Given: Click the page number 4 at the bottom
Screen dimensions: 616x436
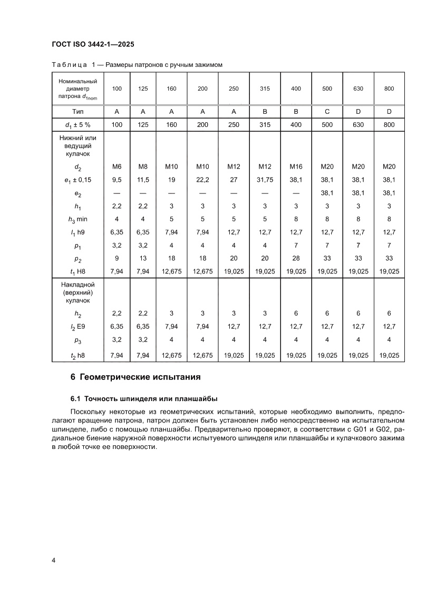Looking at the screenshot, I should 54,560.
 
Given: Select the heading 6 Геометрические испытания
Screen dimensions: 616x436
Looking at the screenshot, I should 135,377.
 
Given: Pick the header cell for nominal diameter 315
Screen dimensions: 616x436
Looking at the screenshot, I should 265,89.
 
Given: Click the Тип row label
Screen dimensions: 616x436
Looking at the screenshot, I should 77,112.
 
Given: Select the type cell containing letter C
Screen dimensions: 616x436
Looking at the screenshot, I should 327,112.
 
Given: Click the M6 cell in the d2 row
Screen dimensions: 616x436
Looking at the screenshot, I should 117,167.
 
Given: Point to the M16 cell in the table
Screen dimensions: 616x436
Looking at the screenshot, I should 296,167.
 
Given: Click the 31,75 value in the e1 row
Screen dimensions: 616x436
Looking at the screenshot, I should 265,180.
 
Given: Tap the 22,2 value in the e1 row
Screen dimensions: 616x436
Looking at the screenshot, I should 202,180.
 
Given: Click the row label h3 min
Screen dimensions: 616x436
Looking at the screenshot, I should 77,219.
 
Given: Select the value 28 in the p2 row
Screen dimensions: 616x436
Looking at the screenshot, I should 296,258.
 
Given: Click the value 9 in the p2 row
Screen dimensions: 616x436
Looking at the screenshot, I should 117,258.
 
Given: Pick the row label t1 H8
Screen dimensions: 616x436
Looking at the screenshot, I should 77,271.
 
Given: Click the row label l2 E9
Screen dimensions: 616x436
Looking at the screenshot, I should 77,326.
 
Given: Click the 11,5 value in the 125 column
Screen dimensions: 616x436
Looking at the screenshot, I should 143,180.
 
